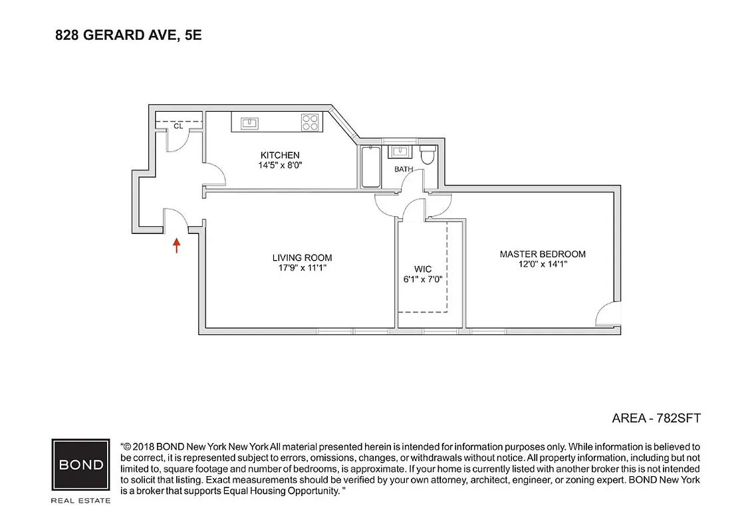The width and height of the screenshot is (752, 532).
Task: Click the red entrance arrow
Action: coord(176,245)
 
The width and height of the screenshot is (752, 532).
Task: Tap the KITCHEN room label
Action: coord(279,155)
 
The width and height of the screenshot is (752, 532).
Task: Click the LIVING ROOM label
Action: coord(302,258)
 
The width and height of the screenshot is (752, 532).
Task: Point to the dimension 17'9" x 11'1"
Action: coord(302,268)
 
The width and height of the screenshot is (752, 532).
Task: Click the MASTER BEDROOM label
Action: coord(543,254)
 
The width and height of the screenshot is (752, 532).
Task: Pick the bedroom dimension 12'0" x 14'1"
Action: coord(543,264)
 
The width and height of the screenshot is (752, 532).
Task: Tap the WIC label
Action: coord(423,269)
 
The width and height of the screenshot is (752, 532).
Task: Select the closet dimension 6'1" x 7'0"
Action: coord(423,279)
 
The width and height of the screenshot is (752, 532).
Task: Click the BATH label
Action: coord(404,169)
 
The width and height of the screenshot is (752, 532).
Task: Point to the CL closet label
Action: coord(178,125)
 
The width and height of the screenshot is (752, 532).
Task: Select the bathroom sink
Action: coord(401,152)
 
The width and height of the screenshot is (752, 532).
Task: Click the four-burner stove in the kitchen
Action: coord(311,122)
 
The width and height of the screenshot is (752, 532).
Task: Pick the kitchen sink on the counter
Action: coord(250,122)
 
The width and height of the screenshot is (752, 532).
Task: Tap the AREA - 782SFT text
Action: coord(656,418)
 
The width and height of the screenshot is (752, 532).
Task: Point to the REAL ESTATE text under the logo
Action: coord(81,500)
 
